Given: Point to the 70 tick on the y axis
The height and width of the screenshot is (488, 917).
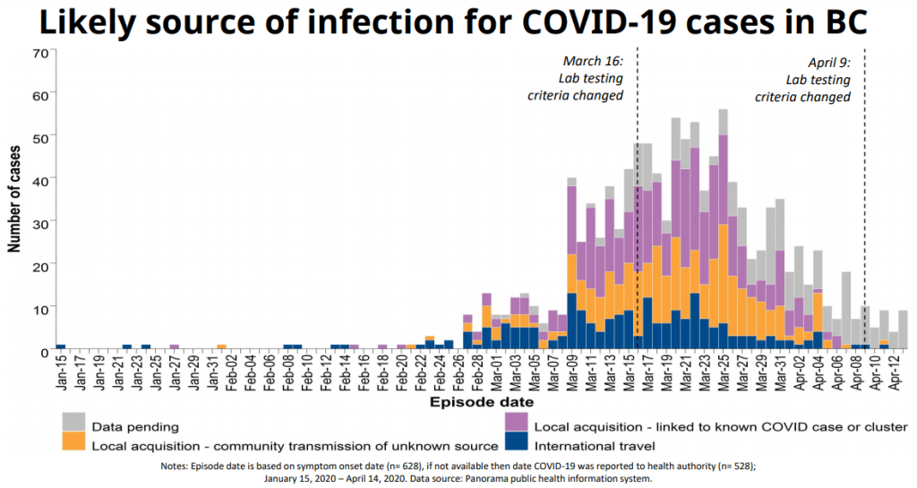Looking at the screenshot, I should [x=39, y=52].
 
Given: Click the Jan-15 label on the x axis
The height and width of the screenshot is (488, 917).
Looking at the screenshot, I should [x=61, y=371].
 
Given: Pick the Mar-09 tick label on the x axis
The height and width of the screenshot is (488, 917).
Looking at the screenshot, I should [x=571, y=371].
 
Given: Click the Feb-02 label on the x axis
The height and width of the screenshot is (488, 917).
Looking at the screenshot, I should [x=230, y=371].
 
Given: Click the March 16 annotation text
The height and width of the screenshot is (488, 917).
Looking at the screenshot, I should [x=592, y=78].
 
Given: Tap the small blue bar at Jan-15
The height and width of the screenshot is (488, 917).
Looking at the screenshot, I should [x=61, y=347].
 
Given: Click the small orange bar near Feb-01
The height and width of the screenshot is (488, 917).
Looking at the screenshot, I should [x=221, y=347].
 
